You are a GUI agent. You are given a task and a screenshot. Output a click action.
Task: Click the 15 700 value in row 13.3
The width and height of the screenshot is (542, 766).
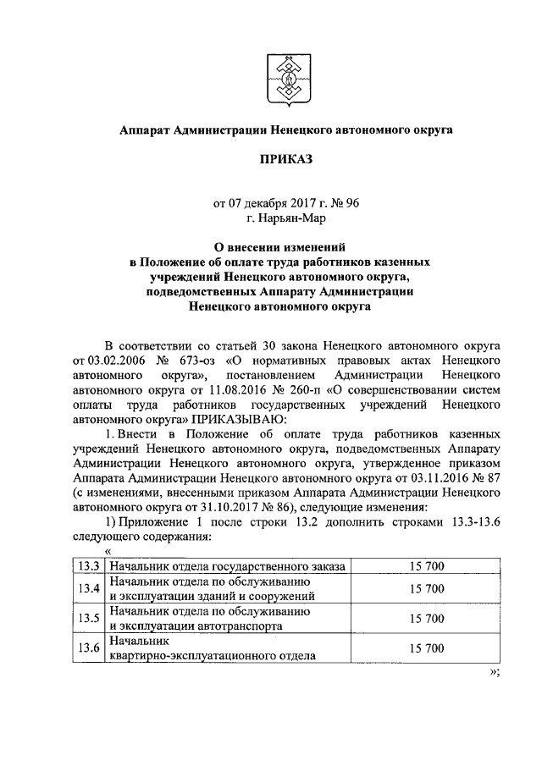[427, 566]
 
